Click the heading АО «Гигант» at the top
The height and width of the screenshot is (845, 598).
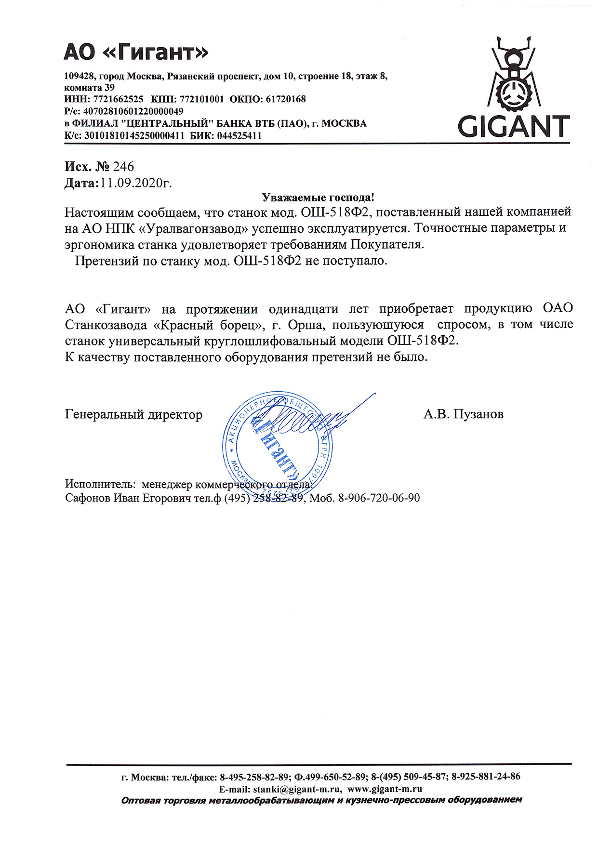[x=136, y=52]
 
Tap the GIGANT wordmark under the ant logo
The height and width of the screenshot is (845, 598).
[x=514, y=126]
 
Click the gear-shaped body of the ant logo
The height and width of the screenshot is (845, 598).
[x=514, y=92]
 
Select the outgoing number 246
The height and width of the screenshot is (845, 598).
[x=123, y=167]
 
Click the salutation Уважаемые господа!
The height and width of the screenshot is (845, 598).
[x=318, y=198]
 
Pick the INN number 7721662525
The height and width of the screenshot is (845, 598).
[x=118, y=99]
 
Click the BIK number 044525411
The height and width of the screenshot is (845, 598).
[x=239, y=136]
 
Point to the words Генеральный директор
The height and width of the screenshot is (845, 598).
[x=133, y=414]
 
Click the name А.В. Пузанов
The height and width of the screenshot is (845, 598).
[x=464, y=414]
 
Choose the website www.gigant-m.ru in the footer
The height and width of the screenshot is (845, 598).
[x=385, y=789]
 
